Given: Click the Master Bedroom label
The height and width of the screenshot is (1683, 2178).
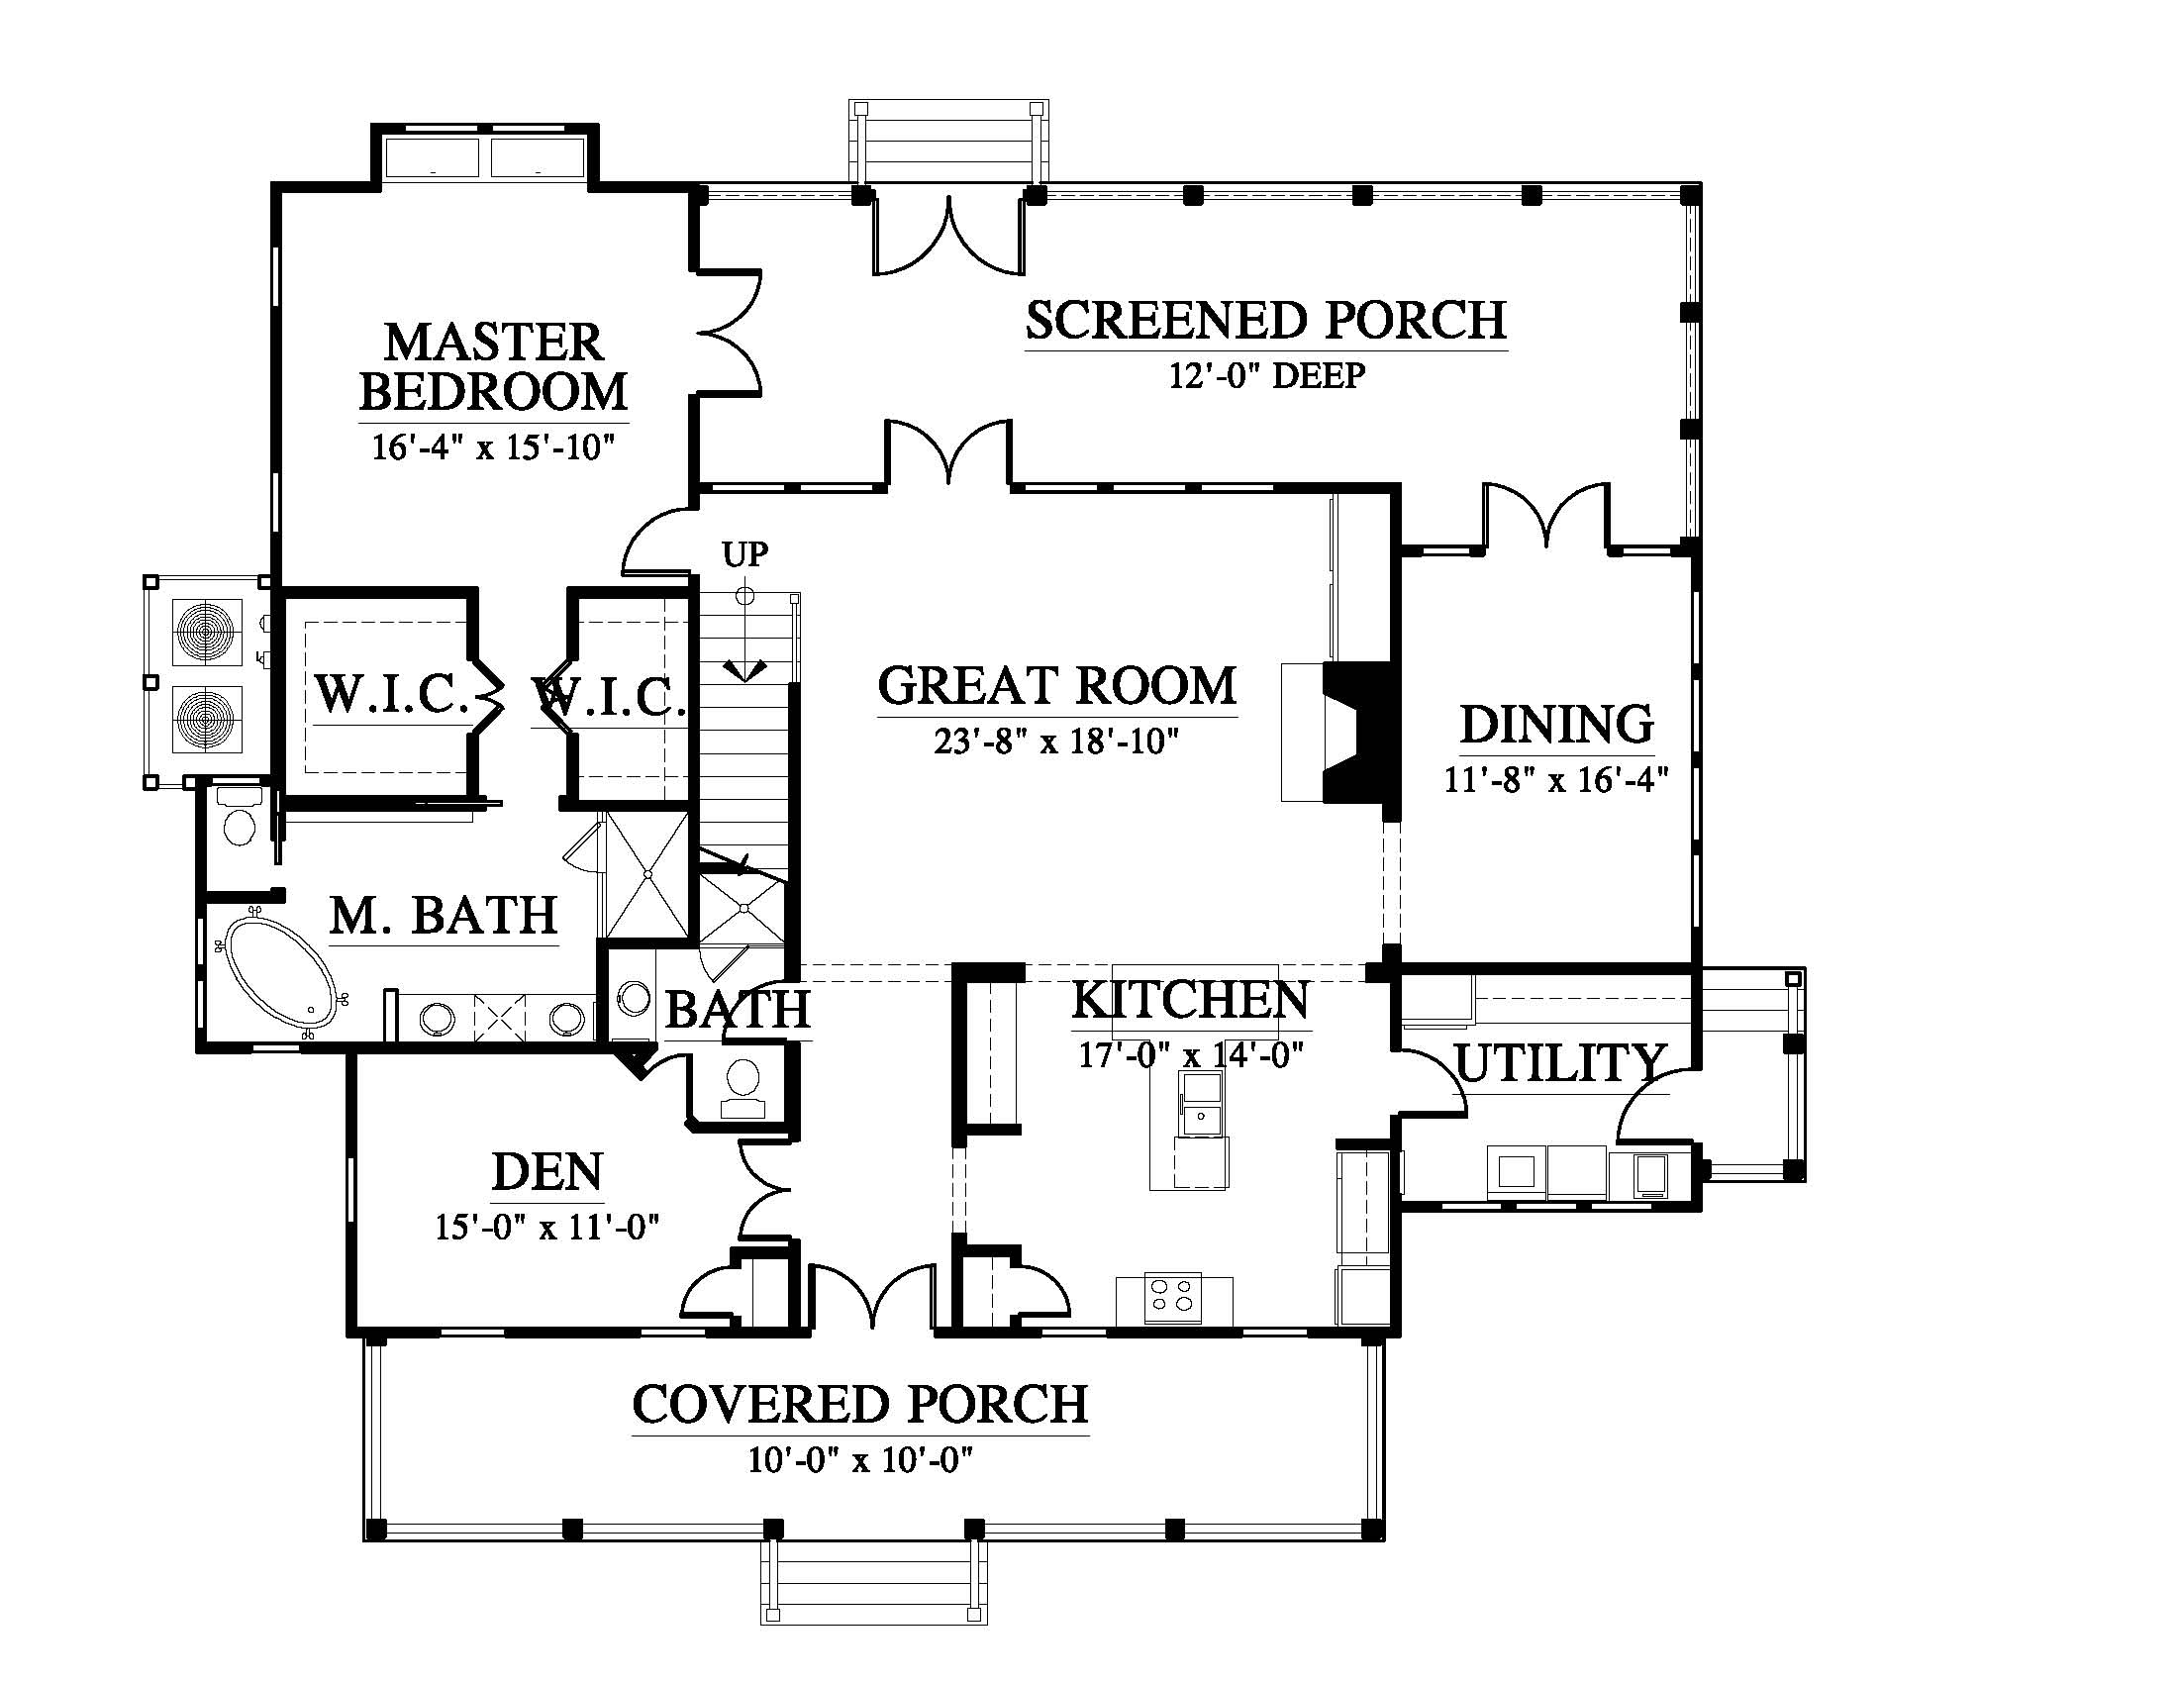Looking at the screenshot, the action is (x=494, y=366).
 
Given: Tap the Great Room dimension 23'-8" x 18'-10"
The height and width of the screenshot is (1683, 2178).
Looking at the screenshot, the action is (x=1057, y=742).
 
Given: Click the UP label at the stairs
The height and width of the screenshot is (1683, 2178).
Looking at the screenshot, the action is (x=744, y=553).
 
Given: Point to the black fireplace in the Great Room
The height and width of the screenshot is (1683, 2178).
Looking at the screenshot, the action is (x=1361, y=731).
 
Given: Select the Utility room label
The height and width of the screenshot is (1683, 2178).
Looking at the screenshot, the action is (x=1559, y=1063).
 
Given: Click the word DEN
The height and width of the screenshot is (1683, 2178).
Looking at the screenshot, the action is (x=547, y=1172).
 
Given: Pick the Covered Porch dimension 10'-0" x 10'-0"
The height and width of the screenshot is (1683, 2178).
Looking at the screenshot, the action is (x=860, y=1460).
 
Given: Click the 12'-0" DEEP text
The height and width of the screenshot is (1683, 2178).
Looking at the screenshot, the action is (x=1266, y=376).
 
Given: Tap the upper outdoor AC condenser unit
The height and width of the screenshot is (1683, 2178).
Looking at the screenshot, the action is (x=208, y=632).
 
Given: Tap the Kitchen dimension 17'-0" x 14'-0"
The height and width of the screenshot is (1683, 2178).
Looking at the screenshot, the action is (x=1192, y=1054).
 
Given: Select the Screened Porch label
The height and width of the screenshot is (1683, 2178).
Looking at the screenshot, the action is (x=1265, y=320).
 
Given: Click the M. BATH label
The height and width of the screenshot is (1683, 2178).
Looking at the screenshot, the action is (x=444, y=916).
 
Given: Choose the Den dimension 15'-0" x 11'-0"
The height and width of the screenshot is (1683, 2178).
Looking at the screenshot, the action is (x=547, y=1227).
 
